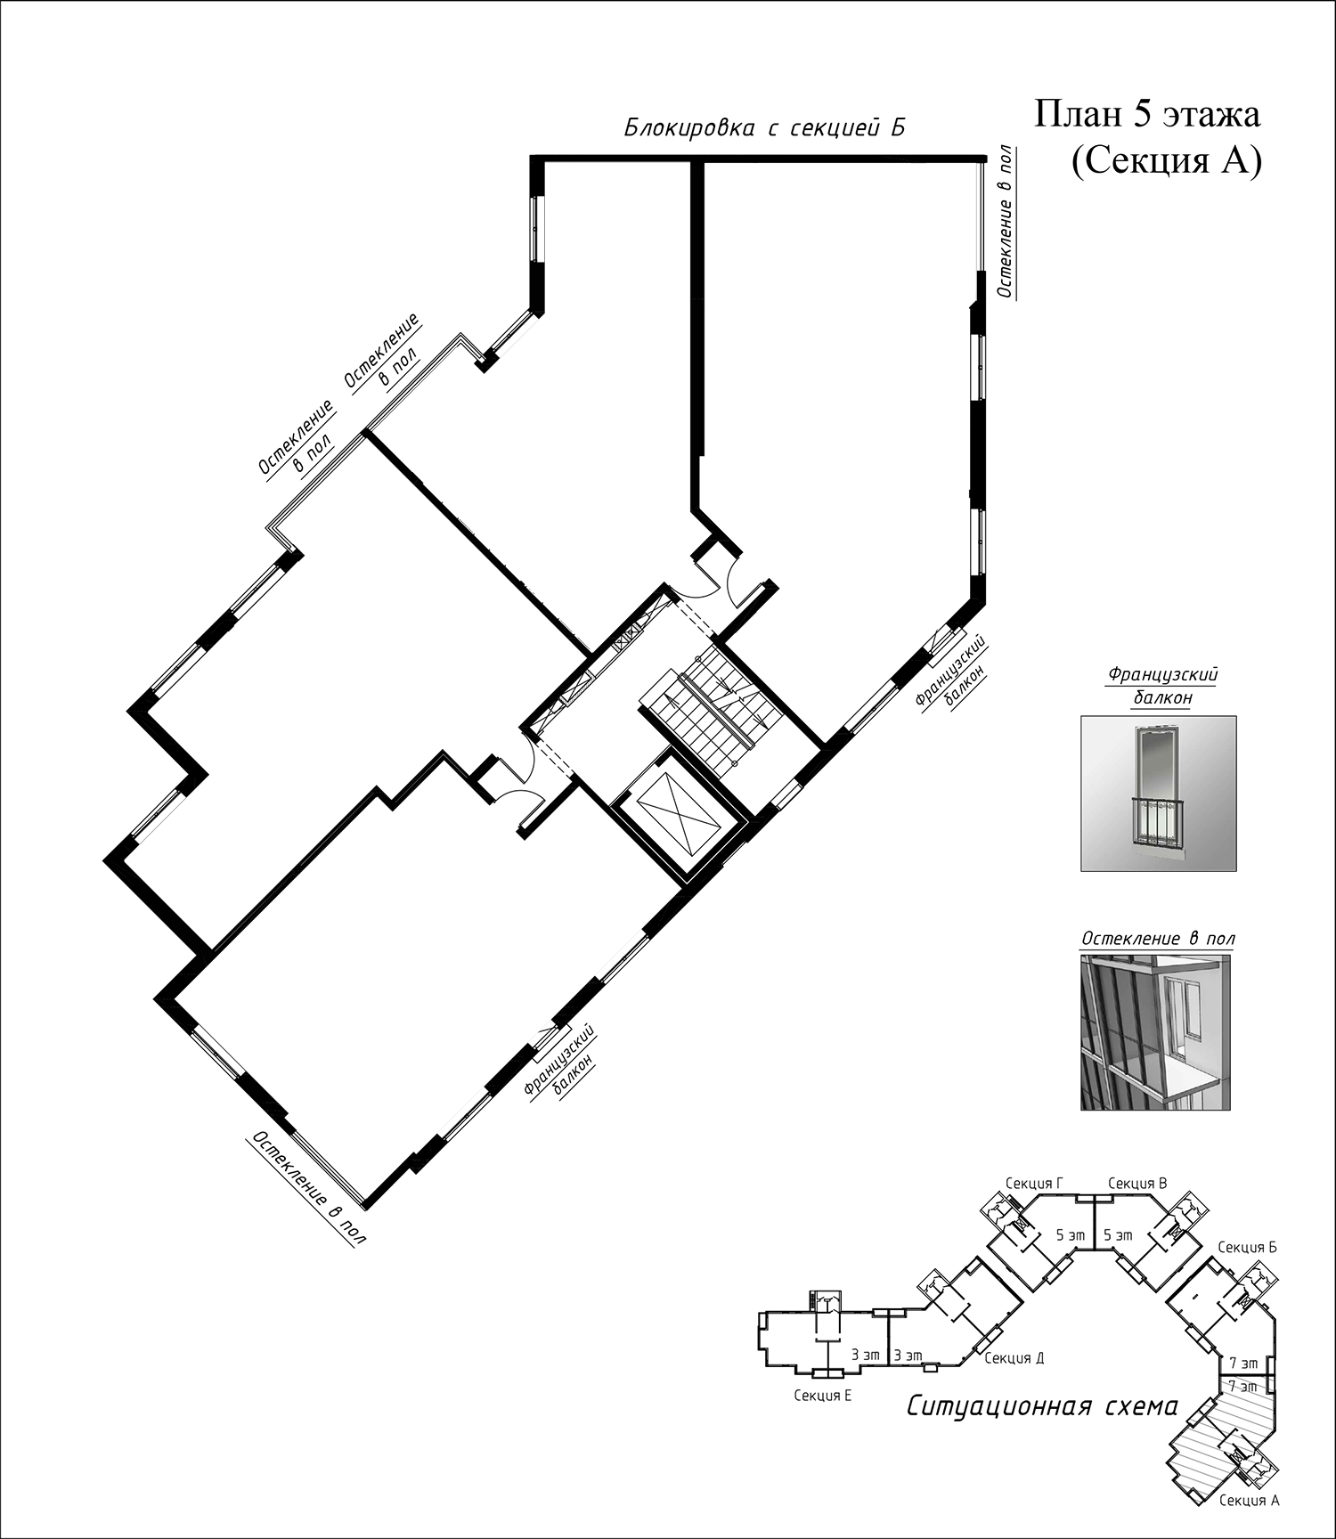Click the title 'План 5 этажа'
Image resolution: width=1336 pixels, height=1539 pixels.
click(x=1148, y=117)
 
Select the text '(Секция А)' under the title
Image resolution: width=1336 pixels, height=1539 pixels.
click(x=1167, y=163)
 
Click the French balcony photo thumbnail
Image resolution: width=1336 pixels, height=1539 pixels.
click(x=1159, y=794)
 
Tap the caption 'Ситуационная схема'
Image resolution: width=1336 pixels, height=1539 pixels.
click(x=1042, y=1408)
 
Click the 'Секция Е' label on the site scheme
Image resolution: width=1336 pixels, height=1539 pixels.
click(x=823, y=1396)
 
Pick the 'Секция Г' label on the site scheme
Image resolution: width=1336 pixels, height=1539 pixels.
click(x=1034, y=1184)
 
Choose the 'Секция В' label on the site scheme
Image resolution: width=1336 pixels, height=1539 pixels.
click(x=1137, y=1184)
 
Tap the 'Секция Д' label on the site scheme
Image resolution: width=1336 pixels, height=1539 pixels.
click(x=1014, y=1358)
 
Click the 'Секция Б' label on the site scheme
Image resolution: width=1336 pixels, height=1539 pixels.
click(x=1248, y=1248)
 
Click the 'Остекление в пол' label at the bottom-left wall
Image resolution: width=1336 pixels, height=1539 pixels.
click(x=308, y=1189)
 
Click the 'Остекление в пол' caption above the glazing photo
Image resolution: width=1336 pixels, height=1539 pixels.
click(x=1158, y=940)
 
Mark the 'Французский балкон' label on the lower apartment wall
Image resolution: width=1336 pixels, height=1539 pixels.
click(x=560, y=1063)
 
